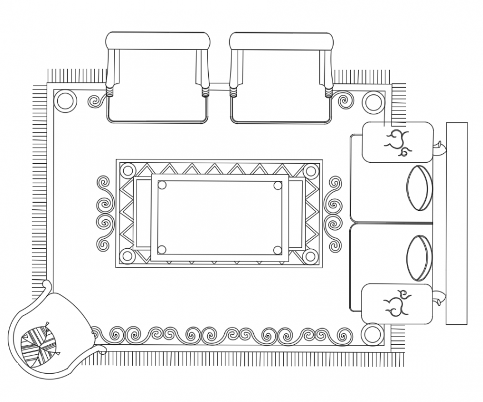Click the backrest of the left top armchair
[x=158, y=41]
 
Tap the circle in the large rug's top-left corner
[x=64, y=101]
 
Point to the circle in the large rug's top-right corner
[x=373, y=101]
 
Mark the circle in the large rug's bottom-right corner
[x=372, y=335]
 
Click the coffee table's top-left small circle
[x=162, y=185]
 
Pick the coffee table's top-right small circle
[x=278, y=185]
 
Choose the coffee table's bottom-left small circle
[x=162, y=250]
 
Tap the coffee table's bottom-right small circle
[x=278, y=250]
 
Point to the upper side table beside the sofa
[x=398, y=142]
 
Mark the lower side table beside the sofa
[x=398, y=304]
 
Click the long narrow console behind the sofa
[x=456, y=223]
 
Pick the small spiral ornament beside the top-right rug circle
[x=345, y=101]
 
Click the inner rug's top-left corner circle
[x=127, y=170]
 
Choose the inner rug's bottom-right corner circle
[x=311, y=257]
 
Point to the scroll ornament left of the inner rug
[x=104, y=214]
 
